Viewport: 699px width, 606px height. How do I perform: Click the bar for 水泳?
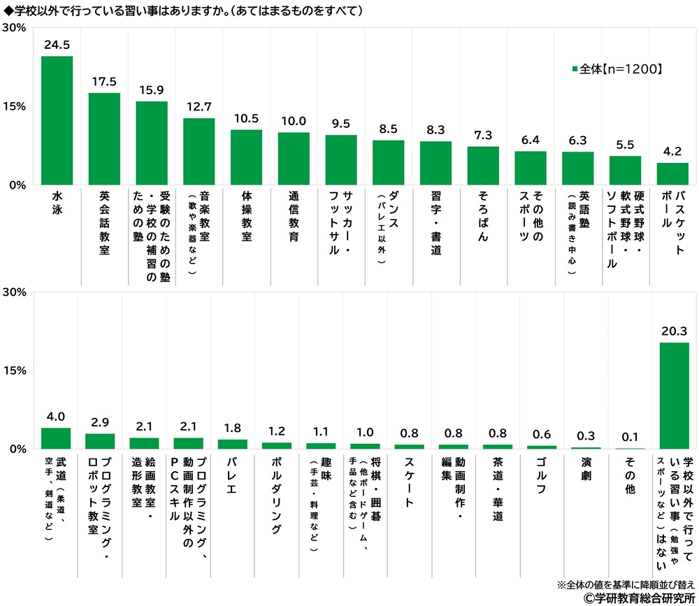coord(57,120)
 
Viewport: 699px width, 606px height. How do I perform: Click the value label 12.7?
coord(199,107)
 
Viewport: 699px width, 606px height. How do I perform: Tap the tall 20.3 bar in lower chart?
coord(675,395)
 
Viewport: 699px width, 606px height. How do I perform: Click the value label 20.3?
coord(675,331)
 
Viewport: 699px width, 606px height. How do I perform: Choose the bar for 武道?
coord(57,438)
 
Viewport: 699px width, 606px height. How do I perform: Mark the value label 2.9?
coord(100,422)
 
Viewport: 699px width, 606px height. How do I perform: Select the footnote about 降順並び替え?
coord(626,584)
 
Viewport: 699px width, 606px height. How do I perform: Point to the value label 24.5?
coord(57,45)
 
